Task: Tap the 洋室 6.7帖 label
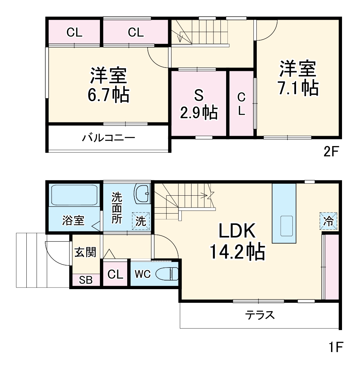tap(108, 85)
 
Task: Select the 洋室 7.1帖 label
tap(298, 78)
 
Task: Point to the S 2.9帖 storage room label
tap(199, 104)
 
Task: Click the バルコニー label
tap(109, 137)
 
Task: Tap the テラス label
tap(260, 315)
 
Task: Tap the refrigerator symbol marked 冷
tap(329, 221)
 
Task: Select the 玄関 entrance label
tap(85, 252)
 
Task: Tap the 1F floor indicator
tap(334, 347)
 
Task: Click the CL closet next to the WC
tap(115, 274)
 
